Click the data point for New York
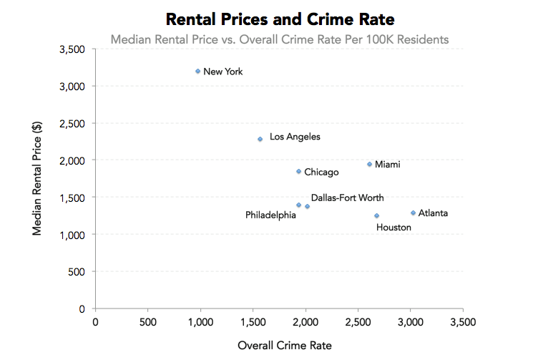[x=197, y=71]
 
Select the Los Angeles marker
[x=260, y=139]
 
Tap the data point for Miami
[x=369, y=164]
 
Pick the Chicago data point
[x=298, y=171]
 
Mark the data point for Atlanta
[x=413, y=213]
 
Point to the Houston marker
[x=376, y=215]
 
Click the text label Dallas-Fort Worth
[x=347, y=198]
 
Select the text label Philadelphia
[x=270, y=215]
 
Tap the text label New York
[x=223, y=72]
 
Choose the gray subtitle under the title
[x=280, y=39]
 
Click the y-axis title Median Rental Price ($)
[x=38, y=177]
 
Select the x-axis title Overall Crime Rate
[x=284, y=345]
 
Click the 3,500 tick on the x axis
[x=462, y=322]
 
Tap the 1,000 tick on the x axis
[x=200, y=322]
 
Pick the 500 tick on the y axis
[x=77, y=272]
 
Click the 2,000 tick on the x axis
[x=305, y=322]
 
